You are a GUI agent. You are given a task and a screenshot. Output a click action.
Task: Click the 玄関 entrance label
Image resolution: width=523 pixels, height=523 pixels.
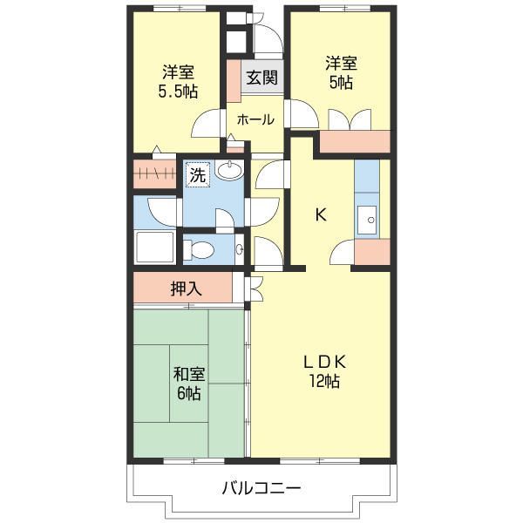tap(261, 78)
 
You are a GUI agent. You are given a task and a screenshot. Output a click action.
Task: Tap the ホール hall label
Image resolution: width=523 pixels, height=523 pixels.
tap(255, 119)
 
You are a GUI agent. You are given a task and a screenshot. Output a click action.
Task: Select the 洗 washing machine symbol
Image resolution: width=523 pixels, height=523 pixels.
tap(198, 175)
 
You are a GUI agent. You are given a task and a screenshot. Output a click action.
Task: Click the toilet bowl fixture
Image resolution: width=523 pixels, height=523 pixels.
tap(199, 250)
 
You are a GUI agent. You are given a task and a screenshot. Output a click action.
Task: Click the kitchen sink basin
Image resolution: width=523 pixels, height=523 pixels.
tap(367, 220)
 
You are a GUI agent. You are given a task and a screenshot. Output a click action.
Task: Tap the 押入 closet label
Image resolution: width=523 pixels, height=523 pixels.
tap(187, 289)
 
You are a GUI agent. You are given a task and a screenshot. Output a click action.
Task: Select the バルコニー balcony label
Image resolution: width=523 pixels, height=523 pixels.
tap(261, 488)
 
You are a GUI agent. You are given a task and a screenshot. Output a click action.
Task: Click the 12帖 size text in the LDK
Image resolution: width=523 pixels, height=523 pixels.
tap(324, 381)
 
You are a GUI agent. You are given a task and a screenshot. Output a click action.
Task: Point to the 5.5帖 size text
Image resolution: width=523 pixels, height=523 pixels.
tap(178, 91)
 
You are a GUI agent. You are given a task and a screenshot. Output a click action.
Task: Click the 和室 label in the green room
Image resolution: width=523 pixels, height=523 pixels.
tap(189, 374)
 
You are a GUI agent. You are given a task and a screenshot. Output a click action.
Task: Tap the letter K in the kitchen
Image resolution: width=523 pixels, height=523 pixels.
tap(321, 215)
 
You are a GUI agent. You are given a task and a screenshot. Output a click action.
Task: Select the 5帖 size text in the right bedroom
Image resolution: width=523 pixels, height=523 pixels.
tap(341, 83)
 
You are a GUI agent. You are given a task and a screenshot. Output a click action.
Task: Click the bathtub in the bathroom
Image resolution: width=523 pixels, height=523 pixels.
tap(154, 248)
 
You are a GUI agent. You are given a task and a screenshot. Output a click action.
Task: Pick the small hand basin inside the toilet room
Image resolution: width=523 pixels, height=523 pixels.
tap(240, 248)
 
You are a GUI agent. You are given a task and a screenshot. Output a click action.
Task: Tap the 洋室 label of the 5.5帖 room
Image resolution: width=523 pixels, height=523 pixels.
tap(178, 72)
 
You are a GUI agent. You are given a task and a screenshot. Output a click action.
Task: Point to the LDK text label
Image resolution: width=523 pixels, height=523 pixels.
tap(324, 362)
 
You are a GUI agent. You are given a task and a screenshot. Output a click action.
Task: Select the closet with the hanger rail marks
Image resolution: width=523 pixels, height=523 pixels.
tap(155, 173)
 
